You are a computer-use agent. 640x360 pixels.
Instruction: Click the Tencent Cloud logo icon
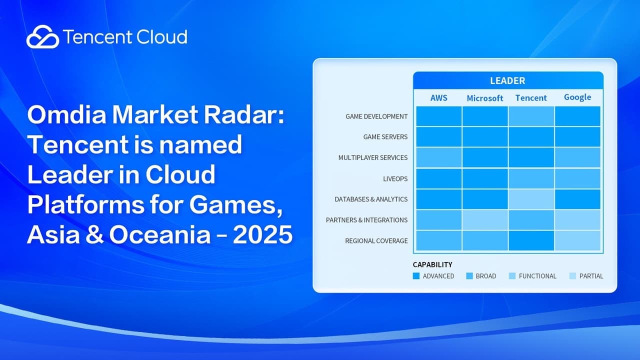[x=42, y=37]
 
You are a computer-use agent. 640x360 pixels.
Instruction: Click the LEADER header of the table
[x=507, y=80]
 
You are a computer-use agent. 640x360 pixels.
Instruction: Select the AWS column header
[x=438, y=97]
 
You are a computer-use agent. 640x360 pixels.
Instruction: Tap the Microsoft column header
[x=484, y=98]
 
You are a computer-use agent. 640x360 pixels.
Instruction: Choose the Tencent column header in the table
[x=531, y=97]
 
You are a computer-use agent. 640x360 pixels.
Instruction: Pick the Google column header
[x=577, y=97]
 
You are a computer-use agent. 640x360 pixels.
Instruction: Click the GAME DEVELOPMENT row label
[x=376, y=116]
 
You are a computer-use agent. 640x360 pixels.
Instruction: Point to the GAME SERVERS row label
[x=385, y=137]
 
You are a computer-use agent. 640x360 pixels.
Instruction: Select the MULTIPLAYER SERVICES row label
[x=372, y=157]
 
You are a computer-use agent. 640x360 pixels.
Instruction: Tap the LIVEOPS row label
[x=395, y=178]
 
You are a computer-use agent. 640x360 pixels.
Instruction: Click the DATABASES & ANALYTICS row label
[x=371, y=199]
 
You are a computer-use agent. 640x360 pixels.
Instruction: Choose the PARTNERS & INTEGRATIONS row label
[x=366, y=220]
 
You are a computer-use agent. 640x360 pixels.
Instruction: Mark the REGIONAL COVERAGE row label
[x=376, y=241]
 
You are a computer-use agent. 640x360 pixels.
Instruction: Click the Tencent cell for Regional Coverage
[x=531, y=240]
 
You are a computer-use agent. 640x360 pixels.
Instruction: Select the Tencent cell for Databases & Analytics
[x=531, y=199]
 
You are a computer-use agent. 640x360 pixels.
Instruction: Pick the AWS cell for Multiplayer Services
[x=438, y=157]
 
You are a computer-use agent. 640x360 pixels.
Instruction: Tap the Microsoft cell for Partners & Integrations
[x=484, y=220]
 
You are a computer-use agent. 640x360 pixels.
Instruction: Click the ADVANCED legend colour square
[x=416, y=276]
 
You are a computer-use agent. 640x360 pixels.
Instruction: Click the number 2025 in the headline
[x=262, y=235]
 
